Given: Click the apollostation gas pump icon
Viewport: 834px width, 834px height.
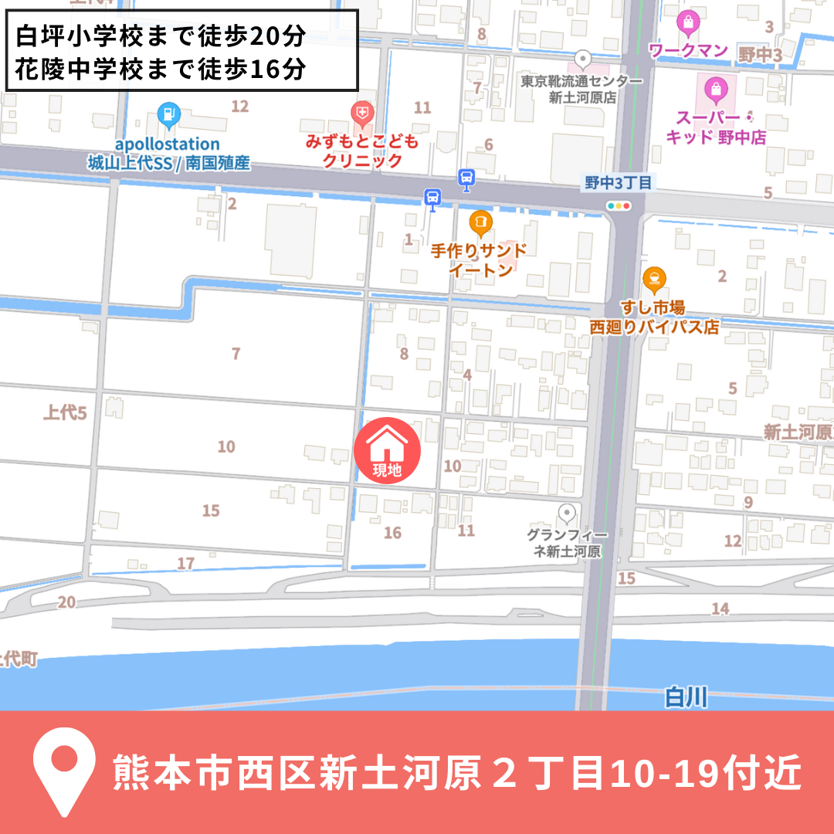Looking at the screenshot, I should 168,116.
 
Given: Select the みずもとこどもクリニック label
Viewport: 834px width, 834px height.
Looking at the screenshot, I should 362,151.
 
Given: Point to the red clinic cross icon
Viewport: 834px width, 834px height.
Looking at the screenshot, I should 361,115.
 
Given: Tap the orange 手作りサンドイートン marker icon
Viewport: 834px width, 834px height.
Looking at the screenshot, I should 480,223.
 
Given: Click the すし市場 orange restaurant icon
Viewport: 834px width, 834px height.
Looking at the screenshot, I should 655,278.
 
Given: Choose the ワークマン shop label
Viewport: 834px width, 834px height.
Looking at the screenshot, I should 688,51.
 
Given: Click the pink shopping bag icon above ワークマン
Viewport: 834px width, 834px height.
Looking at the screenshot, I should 687,22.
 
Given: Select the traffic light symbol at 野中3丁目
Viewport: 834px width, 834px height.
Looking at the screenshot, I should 619,205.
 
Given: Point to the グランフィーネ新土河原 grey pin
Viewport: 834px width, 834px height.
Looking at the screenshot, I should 568,513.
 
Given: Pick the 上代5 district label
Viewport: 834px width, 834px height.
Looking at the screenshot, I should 65,413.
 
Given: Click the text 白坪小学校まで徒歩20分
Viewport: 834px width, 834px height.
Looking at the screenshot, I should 161,36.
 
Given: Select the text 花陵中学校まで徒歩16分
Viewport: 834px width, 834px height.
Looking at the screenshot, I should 161,69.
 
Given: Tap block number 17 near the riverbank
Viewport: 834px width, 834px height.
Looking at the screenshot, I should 186,564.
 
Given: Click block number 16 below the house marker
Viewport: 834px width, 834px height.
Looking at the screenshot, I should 392,533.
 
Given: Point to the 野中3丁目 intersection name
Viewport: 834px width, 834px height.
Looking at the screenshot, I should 619,183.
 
